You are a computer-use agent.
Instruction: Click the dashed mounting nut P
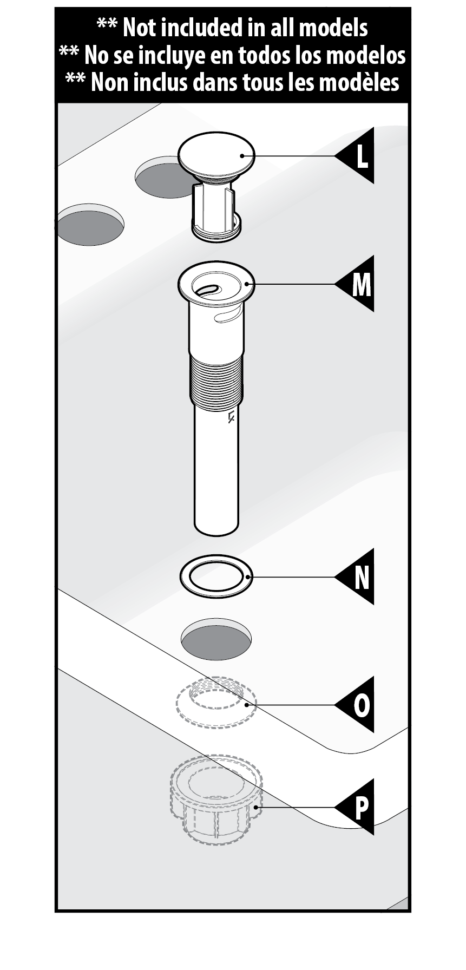coord(216,801)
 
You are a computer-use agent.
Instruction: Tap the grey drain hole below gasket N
coord(216,640)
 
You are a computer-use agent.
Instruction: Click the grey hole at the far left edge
coord(90,225)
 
